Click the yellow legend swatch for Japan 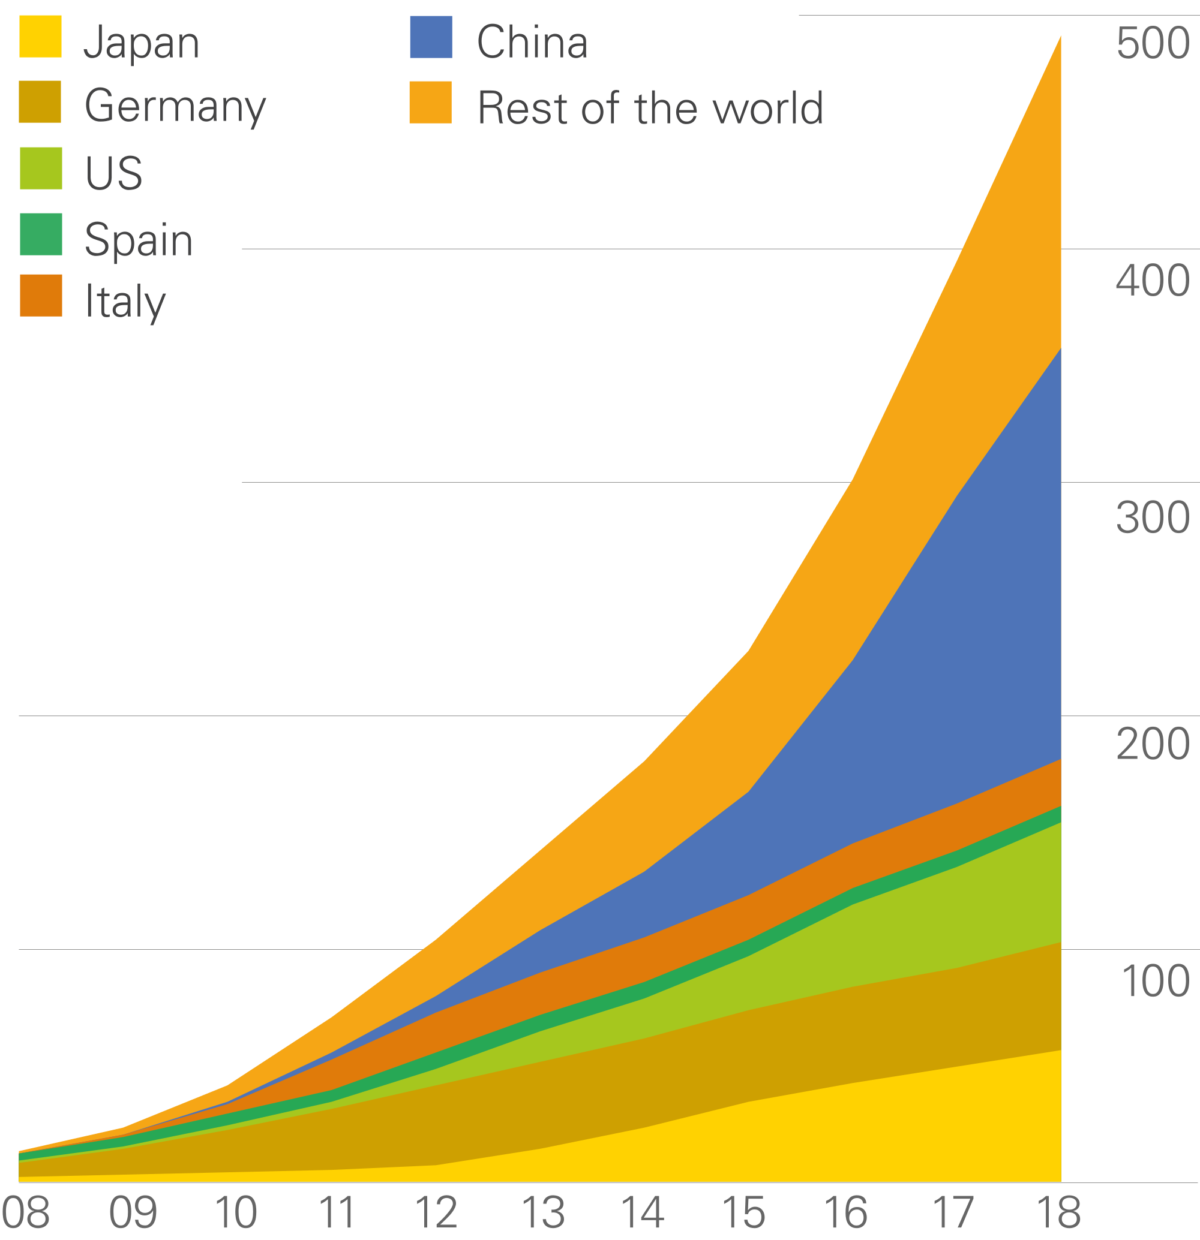pyautogui.click(x=41, y=37)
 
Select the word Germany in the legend pyautogui.click(x=175, y=106)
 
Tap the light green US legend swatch pyautogui.click(x=41, y=168)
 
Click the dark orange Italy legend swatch pyautogui.click(x=41, y=295)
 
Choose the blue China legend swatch pyautogui.click(x=431, y=37)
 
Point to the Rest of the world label pyautogui.click(x=650, y=107)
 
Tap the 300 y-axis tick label pyautogui.click(x=1153, y=517)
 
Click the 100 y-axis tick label pyautogui.click(x=1155, y=980)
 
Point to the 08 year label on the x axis pyautogui.click(x=25, y=1212)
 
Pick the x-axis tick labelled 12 pyautogui.click(x=436, y=1212)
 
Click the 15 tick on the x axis pyautogui.click(x=743, y=1212)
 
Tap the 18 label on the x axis pyautogui.click(x=1060, y=1212)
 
